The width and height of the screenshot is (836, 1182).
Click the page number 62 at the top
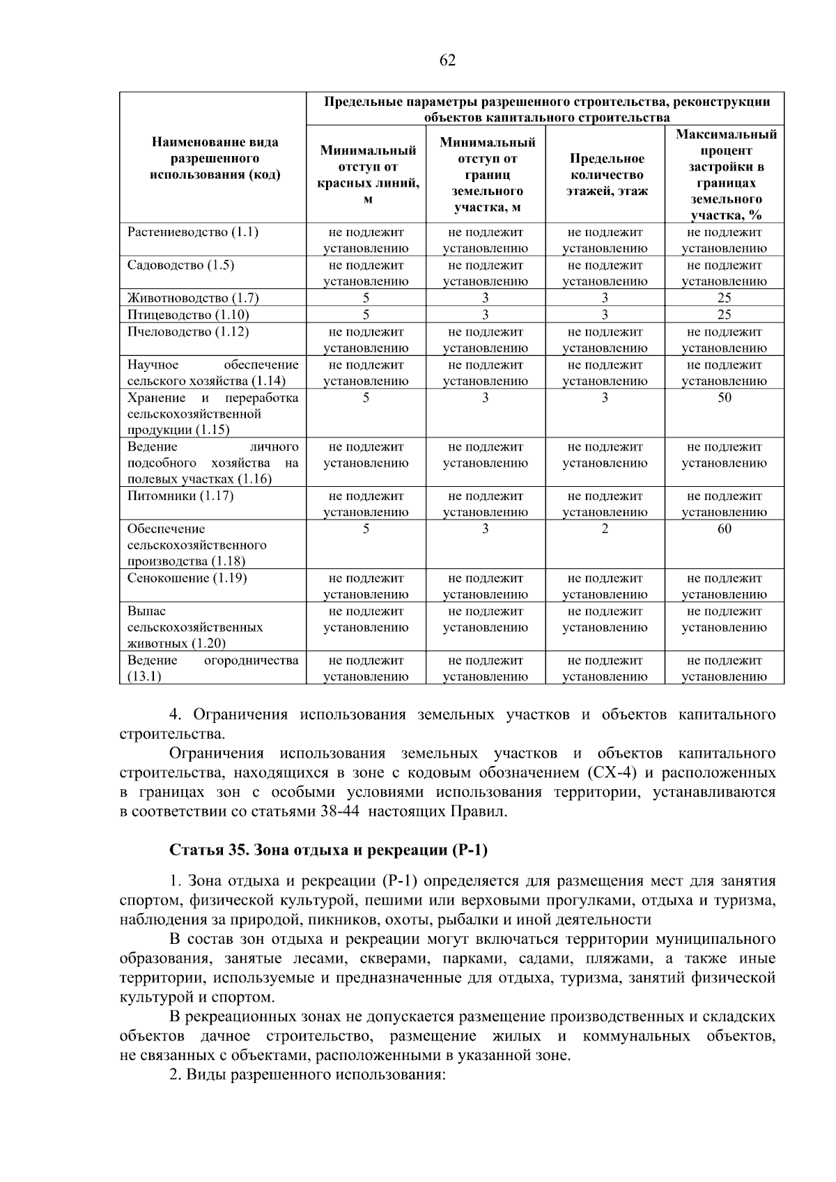pos(447,61)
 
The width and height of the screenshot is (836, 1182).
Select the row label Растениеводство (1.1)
pos(192,232)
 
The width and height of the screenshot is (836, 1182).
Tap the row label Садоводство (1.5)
pos(180,265)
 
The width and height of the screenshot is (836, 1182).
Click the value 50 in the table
pos(724,398)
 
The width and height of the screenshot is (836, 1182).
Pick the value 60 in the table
pos(724,529)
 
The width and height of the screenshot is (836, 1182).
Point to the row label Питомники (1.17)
pos(180,496)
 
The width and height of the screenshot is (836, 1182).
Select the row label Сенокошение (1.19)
pos(187,578)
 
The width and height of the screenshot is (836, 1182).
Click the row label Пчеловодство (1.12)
pos(187,332)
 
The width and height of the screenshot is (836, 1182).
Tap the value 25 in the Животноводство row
pos(724,298)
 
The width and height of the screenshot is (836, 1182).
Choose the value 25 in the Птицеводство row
pos(724,315)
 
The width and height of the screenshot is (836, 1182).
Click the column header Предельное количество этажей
pos(605,175)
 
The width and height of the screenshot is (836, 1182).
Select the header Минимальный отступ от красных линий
pos(367,175)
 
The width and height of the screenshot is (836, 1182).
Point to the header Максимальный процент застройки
pos(725,175)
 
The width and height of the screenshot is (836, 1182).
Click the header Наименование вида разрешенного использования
pos(215,159)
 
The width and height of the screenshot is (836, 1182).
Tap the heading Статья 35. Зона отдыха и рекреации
pos(329,850)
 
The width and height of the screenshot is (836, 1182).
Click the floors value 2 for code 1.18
pos(605,529)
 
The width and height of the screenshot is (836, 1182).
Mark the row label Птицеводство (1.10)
pos(188,315)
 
